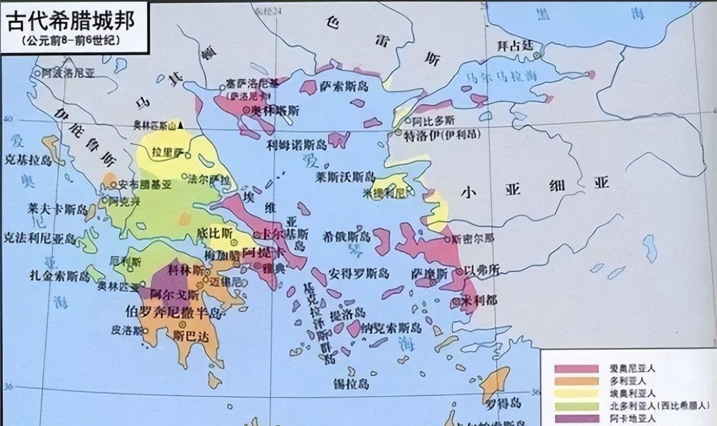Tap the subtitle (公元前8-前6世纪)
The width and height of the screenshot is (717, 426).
click(x=71, y=40)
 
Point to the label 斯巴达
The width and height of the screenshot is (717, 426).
click(x=187, y=336)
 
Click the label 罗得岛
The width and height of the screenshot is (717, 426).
click(x=496, y=403)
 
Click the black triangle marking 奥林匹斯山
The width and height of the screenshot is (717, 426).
click(x=180, y=126)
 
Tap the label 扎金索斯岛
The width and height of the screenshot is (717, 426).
click(x=60, y=275)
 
